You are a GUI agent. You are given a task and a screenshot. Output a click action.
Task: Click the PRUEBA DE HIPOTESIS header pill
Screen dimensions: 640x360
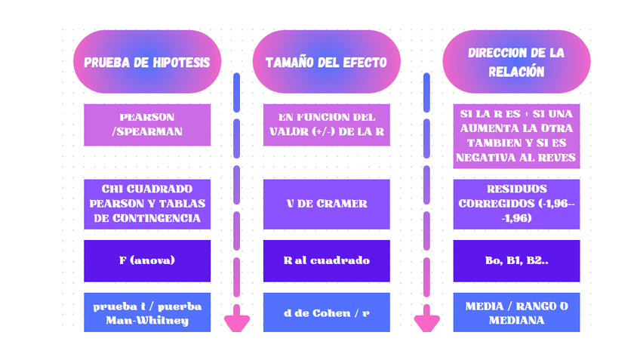pos(146,62)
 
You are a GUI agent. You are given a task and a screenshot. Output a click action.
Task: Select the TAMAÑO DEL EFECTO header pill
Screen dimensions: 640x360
pos(326,62)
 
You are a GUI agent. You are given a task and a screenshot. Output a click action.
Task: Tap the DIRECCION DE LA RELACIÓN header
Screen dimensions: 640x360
pos(516,62)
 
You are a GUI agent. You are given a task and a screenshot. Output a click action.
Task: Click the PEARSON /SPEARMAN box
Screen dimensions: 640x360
pos(146,125)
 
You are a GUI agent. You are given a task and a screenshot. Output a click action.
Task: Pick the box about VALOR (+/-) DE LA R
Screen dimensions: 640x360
pos(326,125)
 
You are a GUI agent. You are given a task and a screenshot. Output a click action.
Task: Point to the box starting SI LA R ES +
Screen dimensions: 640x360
pos(516,136)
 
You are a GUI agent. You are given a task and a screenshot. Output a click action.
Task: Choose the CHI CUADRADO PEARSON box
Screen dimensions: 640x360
pos(146,204)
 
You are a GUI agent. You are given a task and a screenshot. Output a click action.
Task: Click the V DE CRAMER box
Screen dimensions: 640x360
pos(326,204)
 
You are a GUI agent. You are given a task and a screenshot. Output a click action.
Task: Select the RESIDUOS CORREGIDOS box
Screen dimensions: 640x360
pos(516,204)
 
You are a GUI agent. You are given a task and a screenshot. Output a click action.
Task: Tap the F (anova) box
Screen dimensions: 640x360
pos(146,260)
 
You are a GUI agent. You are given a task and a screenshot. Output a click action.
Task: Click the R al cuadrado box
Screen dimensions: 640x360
pos(326,260)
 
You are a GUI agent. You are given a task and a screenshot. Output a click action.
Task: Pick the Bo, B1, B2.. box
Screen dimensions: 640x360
pos(516,260)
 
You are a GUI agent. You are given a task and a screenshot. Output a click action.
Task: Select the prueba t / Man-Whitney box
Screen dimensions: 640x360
pos(146,312)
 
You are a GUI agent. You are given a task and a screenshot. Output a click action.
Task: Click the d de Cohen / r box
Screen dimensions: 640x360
pos(326,312)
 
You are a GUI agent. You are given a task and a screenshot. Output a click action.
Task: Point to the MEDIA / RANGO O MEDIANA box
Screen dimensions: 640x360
pos(516,312)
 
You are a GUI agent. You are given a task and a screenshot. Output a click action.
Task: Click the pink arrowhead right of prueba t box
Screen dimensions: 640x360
pos(237,320)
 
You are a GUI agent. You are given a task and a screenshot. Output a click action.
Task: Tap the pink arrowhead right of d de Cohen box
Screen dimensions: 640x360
pos(427,320)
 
